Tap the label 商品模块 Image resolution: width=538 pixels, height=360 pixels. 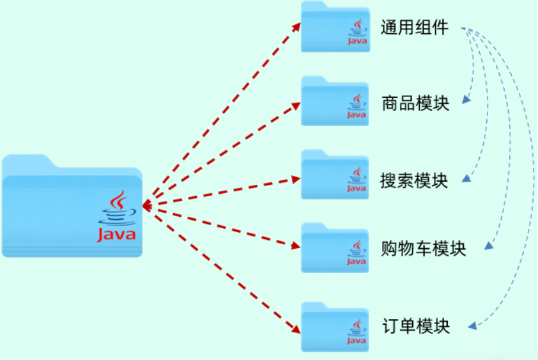[415, 103]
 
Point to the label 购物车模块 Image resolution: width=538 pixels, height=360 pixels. [424, 248]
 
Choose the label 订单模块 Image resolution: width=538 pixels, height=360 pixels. [415, 326]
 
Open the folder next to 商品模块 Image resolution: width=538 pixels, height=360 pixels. [335, 102]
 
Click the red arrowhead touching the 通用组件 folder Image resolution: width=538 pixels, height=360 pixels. [297, 24]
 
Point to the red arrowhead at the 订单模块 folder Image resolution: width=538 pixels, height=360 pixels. [296, 330]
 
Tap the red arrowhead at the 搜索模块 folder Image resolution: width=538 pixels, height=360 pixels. [296, 179]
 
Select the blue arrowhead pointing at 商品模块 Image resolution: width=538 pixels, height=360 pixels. [466, 100]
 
